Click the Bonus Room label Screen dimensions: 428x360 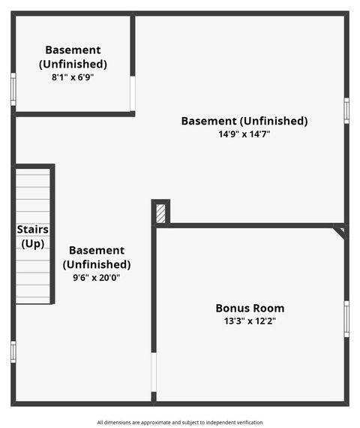(250, 308)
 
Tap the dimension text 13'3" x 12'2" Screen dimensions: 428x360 (250, 321)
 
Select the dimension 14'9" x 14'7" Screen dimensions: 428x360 (244, 134)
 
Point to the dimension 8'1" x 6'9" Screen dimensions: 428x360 (73, 77)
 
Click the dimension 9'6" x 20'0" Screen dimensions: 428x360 (95, 277)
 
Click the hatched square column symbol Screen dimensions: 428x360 (160, 213)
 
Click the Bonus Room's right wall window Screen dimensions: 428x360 (346, 318)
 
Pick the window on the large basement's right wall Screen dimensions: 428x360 (346, 110)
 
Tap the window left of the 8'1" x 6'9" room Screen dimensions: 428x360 (13, 89)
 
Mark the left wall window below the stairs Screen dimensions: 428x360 (13, 351)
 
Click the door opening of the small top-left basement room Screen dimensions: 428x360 (133, 94)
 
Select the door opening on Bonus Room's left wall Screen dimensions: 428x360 (154, 372)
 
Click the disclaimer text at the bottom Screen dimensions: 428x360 (180, 422)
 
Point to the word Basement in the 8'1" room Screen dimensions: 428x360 (73, 50)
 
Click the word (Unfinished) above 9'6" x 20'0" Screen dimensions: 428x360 (96, 264)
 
